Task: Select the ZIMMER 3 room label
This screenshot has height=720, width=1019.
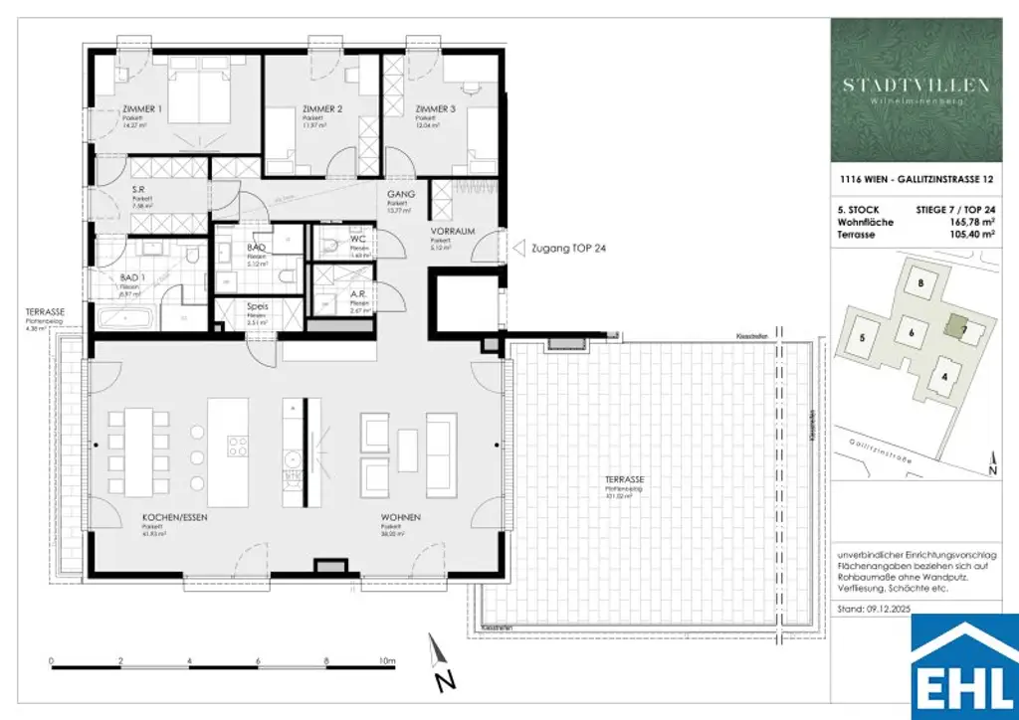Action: tap(436, 109)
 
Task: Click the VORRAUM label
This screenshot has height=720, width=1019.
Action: tap(450, 231)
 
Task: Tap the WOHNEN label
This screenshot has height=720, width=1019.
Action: tap(401, 518)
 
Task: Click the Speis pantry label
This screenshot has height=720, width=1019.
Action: tap(258, 306)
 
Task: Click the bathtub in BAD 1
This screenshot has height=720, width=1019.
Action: tap(124, 320)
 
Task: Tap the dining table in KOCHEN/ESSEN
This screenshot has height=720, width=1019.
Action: tap(140, 448)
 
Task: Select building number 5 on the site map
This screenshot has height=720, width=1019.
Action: tap(862, 338)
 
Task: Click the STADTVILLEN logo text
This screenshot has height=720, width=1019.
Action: tap(917, 86)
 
